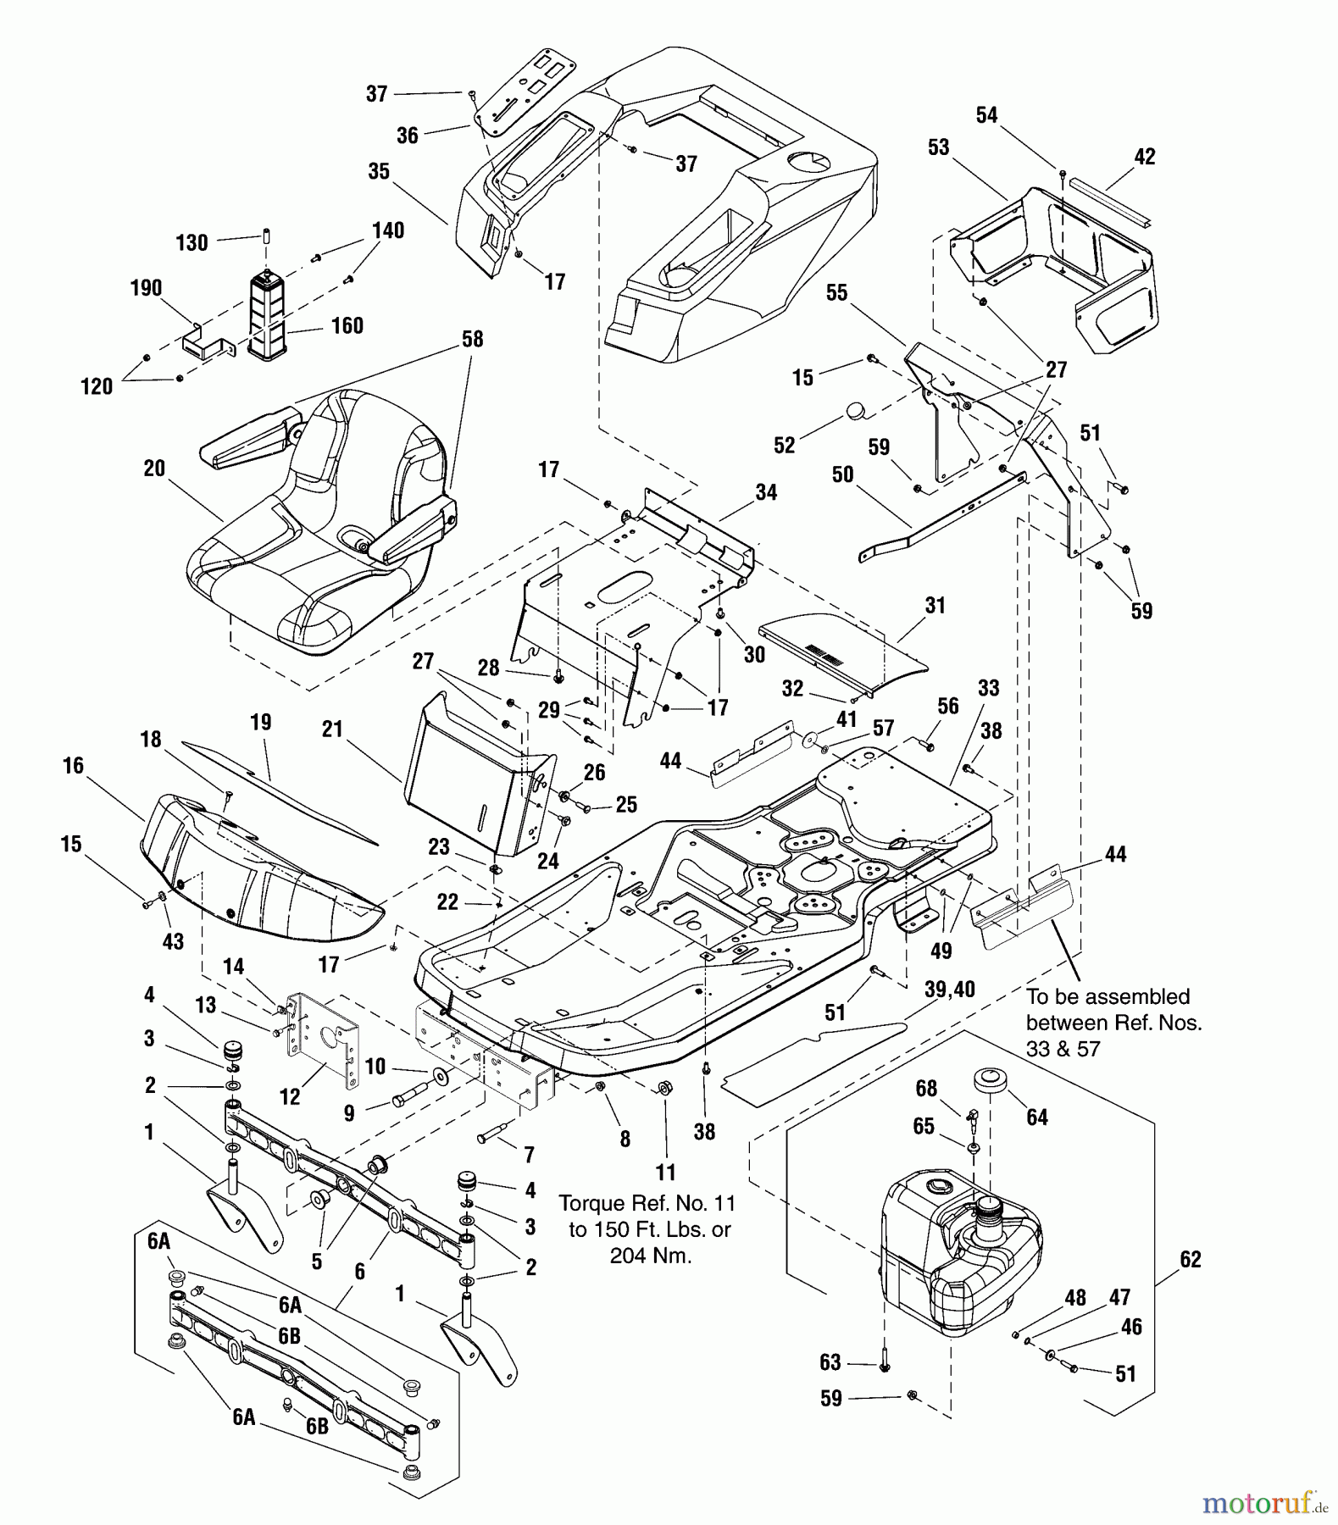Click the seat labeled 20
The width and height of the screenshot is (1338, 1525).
[x=314, y=542]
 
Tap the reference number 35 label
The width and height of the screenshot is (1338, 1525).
[x=379, y=171]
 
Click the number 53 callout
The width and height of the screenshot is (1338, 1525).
[x=938, y=147]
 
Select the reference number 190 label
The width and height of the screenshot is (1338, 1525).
[x=146, y=288]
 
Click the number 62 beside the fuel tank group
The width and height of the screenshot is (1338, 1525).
[x=1191, y=1259]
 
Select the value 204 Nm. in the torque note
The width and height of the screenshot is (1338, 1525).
[x=650, y=1256]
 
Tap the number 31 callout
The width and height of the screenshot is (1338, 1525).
[x=935, y=606]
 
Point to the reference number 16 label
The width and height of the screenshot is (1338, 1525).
[x=74, y=766]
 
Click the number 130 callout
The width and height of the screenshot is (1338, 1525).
[x=192, y=243]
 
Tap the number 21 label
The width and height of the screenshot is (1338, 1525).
[x=332, y=729]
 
